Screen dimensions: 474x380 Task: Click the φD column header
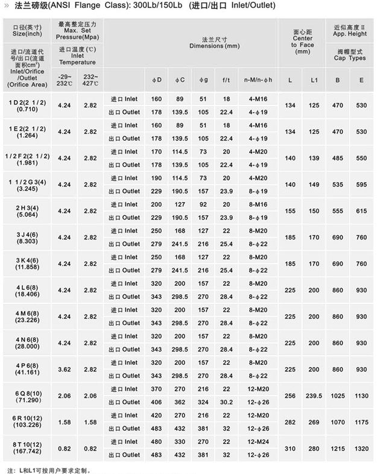156,80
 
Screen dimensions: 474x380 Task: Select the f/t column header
226,80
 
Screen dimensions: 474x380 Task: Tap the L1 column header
314,80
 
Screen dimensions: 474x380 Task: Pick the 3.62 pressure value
64,369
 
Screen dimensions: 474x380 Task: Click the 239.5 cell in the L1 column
314,396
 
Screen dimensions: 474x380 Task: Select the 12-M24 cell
258,441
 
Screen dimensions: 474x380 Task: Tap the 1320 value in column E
361,448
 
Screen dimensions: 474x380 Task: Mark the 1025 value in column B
338,396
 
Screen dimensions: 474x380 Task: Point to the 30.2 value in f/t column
226,402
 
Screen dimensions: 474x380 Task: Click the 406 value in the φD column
156,402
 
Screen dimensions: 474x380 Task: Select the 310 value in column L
290,448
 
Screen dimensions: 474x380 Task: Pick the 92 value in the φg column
203,204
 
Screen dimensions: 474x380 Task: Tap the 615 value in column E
361,211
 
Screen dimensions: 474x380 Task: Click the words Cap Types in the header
349,58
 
